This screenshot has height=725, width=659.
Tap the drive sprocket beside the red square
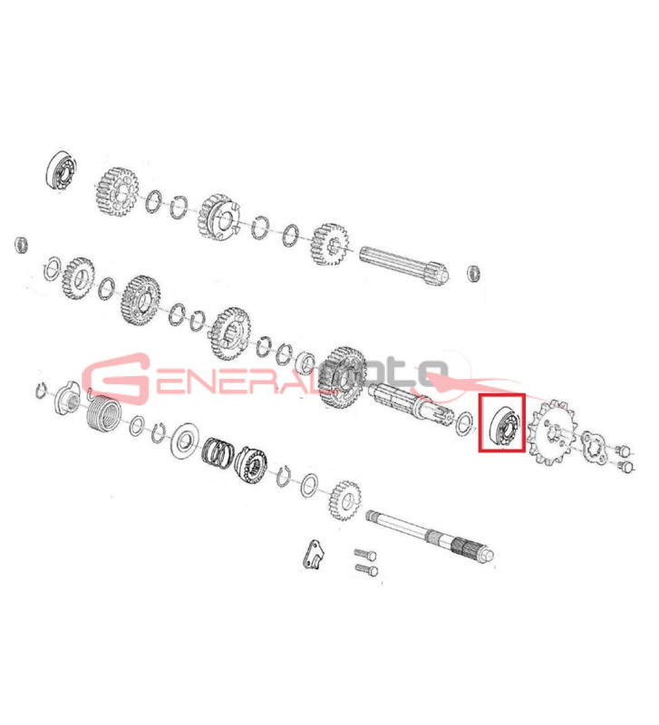(553, 432)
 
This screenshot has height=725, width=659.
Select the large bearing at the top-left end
(62, 169)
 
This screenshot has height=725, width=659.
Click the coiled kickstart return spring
(104, 414)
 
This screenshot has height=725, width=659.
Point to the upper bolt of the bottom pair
(365, 554)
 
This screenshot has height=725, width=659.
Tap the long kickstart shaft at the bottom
(430, 536)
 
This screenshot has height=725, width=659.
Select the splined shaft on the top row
(403, 263)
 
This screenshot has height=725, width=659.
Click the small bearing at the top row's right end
(474, 273)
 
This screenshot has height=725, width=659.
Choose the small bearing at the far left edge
(22, 245)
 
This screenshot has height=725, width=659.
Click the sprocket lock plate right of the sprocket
(594, 446)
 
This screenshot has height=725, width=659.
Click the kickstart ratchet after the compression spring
(250, 464)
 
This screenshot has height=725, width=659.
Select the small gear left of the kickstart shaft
(345, 500)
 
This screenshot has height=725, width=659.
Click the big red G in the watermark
(118, 377)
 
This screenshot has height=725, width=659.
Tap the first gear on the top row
(118, 192)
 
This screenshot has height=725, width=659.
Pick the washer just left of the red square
(464, 424)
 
